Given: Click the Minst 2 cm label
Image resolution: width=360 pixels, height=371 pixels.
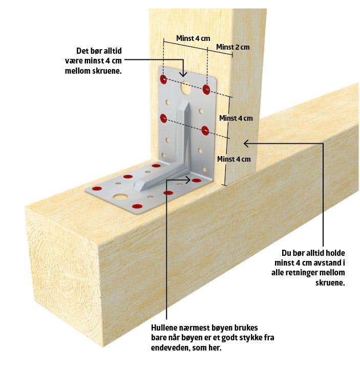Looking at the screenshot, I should (233, 48).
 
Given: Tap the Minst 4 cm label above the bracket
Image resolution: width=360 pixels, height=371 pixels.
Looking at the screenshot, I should (193, 38).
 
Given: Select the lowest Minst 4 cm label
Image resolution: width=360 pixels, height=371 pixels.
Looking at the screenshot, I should (234, 159).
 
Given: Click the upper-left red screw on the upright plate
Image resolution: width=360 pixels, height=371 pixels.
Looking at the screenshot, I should (163, 79).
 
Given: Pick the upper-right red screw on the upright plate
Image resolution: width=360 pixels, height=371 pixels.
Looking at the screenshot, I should (206, 90).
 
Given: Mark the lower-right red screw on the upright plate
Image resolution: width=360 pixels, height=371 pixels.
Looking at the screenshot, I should (205, 130).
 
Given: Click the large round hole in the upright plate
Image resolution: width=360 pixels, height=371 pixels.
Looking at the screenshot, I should (185, 88).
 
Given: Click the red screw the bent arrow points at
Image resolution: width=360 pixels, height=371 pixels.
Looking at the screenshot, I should (197, 181).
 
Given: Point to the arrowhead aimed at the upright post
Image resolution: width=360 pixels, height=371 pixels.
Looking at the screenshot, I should (245, 143).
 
